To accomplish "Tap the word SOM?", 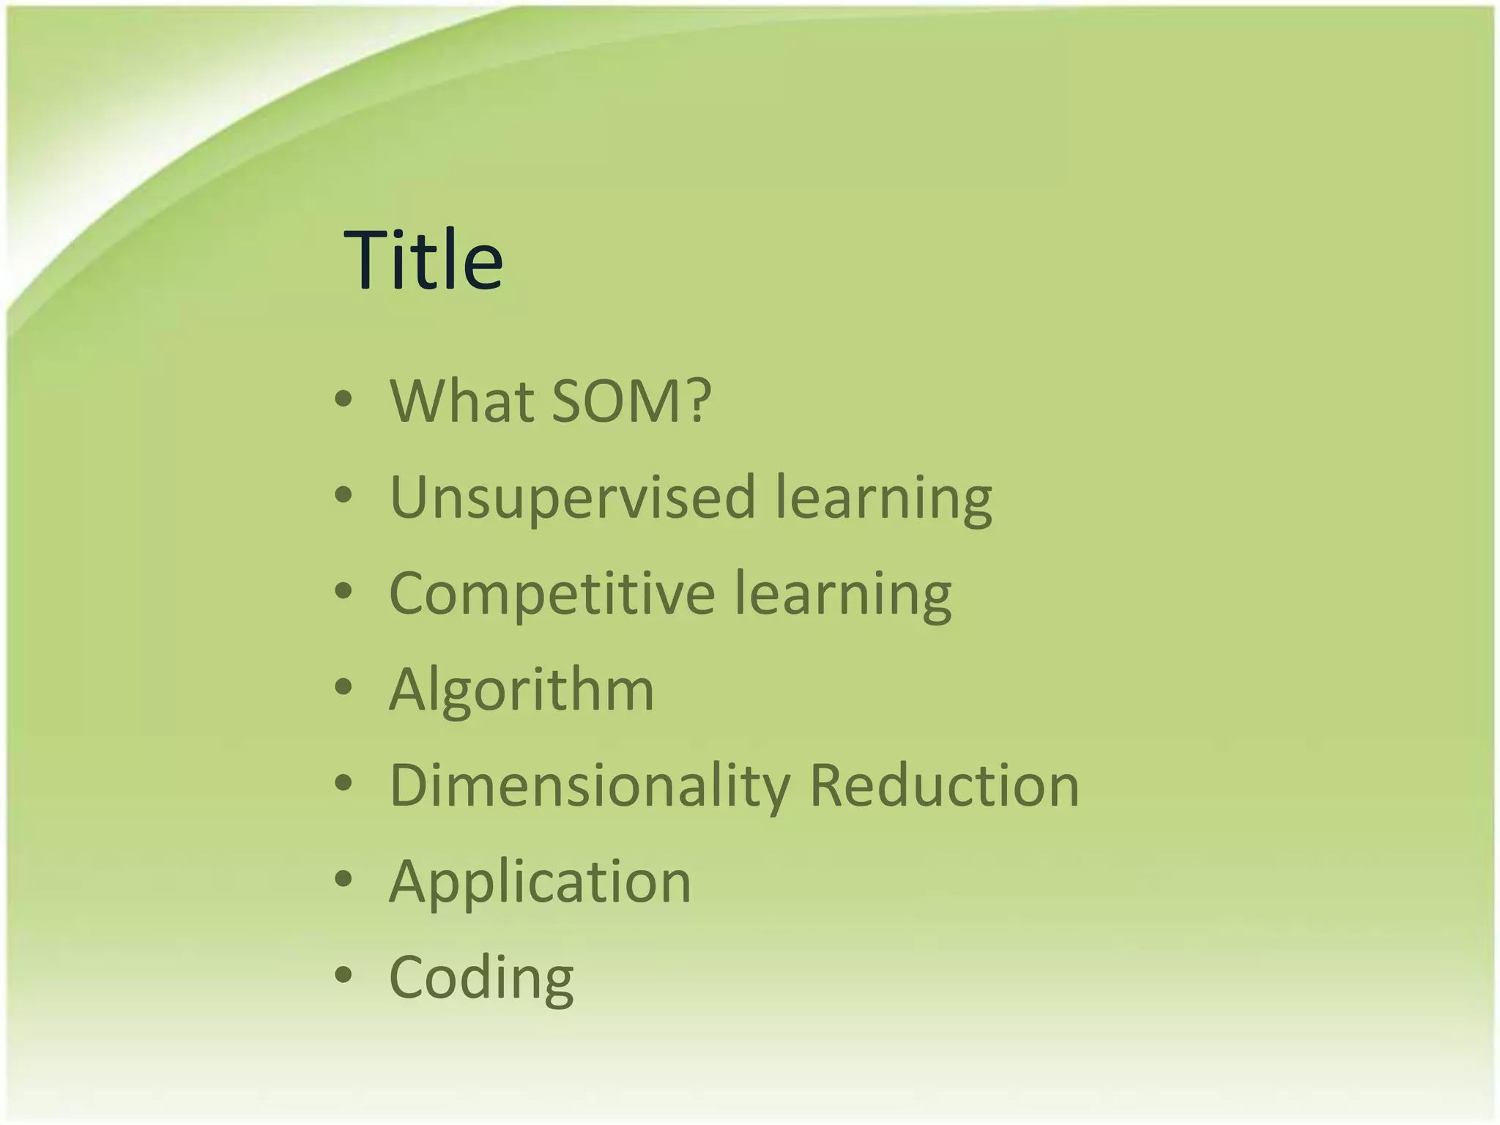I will pyautogui.click(x=631, y=401).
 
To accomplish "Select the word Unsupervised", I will pyautogui.click(x=572, y=498).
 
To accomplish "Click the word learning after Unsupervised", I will pyautogui.click(x=883, y=498).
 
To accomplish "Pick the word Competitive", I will pyautogui.click(x=552, y=594).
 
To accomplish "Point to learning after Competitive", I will pyautogui.click(x=842, y=594).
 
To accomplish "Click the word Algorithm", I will pyautogui.click(x=521, y=690).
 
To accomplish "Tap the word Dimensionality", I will pyautogui.click(x=590, y=786).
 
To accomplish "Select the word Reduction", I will pyautogui.click(x=944, y=786).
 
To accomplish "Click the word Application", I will pyautogui.click(x=540, y=882).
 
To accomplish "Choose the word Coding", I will pyautogui.click(x=481, y=978).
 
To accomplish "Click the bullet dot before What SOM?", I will pyautogui.click(x=343, y=399).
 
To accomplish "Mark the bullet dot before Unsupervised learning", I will pyautogui.click(x=343, y=495).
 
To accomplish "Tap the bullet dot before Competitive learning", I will pyautogui.click(x=343, y=591).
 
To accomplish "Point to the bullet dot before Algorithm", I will pyautogui.click(x=343, y=687).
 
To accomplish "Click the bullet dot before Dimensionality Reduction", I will pyautogui.click(x=343, y=783).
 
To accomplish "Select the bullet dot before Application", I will pyautogui.click(x=343, y=879).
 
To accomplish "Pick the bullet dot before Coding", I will pyautogui.click(x=343, y=975).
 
